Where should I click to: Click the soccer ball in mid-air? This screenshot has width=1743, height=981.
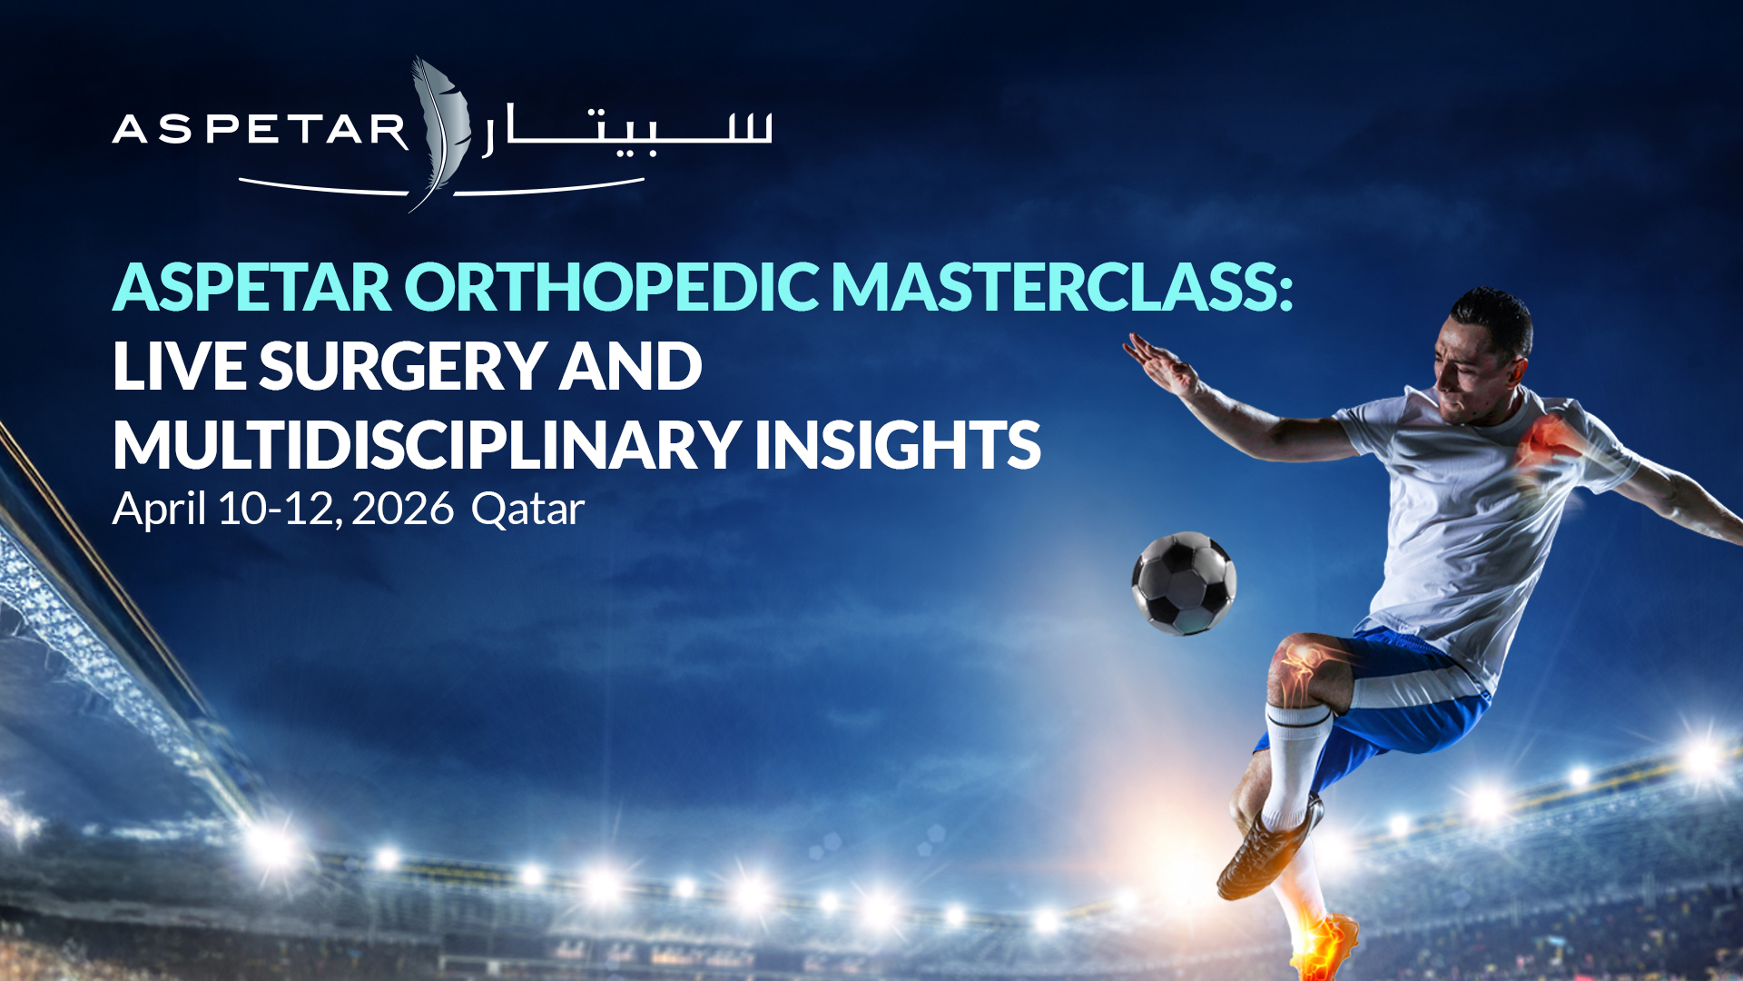[x=1184, y=583]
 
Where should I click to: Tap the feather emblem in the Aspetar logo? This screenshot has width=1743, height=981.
[x=439, y=132]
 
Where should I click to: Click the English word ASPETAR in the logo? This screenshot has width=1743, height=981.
[x=261, y=130]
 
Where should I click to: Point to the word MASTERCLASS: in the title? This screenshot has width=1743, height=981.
[x=1063, y=287]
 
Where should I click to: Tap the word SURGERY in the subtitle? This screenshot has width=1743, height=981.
[x=402, y=366]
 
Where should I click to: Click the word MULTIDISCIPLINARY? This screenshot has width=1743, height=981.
[x=427, y=445]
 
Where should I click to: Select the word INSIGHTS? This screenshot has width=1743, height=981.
[x=898, y=445]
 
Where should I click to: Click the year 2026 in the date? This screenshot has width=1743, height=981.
[x=402, y=509]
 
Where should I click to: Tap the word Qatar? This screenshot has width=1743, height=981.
[x=527, y=510]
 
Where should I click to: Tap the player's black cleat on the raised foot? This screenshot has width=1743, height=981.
[x=1269, y=848]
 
